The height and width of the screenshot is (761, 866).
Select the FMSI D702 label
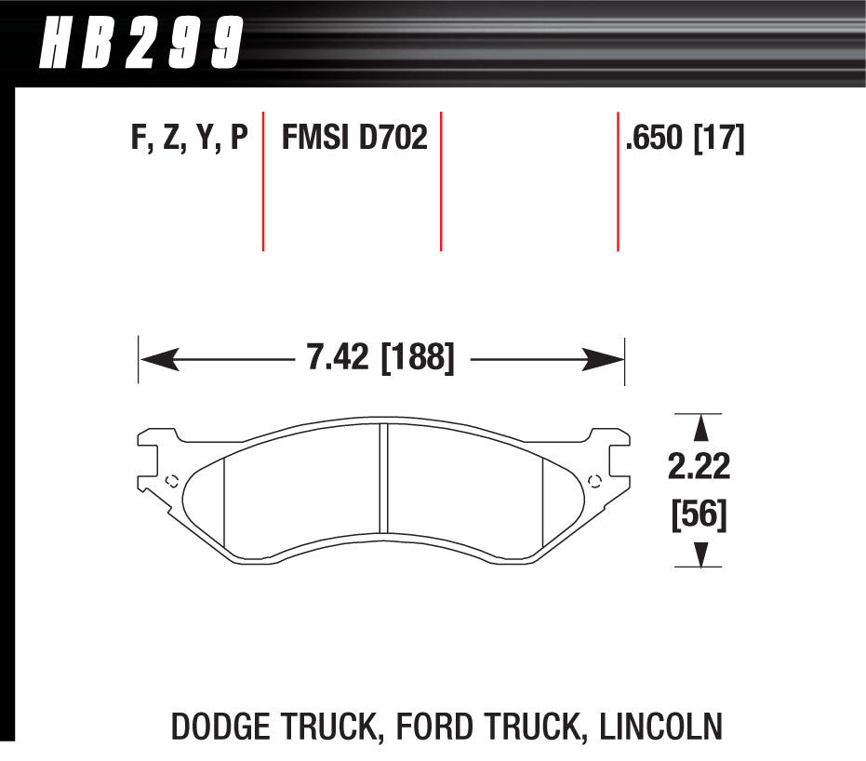pyautogui.click(x=354, y=139)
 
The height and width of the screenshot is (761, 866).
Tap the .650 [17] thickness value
pyautogui.click(x=686, y=139)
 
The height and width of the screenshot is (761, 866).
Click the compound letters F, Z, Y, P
pyautogui.click(x=190, y=139)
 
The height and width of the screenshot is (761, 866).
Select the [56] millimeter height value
pyautogui.click(x=699, y=514)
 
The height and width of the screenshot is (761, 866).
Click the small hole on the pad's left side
pyautogui.click(x=170, y=480)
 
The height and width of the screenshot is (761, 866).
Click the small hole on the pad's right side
pyautogui.click(x=596, y=480)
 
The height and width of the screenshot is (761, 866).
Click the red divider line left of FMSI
pyautogui.click(x=263, y=181)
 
